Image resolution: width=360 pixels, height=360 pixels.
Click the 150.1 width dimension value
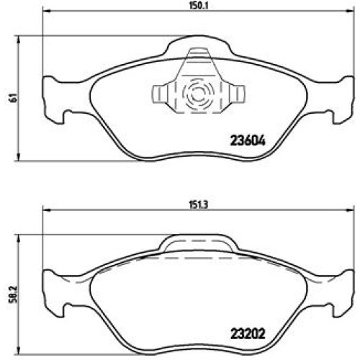click(x=199, y=5)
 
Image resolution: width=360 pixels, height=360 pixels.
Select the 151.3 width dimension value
click(x=198, y=204)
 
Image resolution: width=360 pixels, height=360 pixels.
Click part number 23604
click(x=248, y=141)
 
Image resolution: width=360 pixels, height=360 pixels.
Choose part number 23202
click(x=248, y=334)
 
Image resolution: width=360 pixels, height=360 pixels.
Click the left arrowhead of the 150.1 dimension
click(x=46, y=11)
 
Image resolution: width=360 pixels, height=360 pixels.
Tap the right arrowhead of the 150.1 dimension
click(x=351, y=11)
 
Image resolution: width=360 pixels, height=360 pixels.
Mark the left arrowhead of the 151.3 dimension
click(x=46, y=210)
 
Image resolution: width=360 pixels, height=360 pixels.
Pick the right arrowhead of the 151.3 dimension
click(x=351, y=210)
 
